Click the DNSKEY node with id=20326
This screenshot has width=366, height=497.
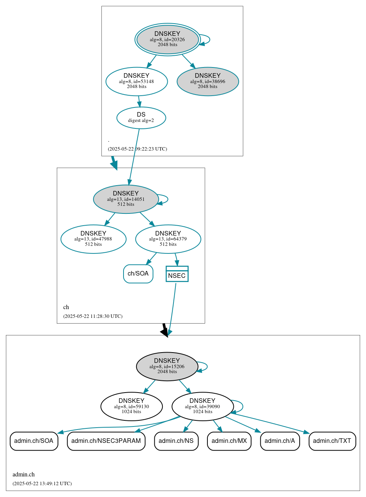pyautogui.click(x=167, y=39)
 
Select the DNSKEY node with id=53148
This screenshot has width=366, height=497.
pyautogui.click(x=136, y=81)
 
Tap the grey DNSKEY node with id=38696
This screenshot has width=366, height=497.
pyautogui.click(x=208, y=81)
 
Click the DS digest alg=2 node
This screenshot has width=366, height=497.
pyautogui.click(x=141, y=118)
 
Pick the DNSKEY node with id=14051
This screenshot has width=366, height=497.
pyautogui.click(x=126, y=199)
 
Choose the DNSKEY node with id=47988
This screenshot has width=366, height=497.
pyautogui.click(x=93, y=239)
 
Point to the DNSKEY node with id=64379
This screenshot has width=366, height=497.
pyautogui.click(x=168, y=239)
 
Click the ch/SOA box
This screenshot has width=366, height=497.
pyautogui.click(x=138, y=274)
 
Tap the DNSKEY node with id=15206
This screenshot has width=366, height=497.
pyautogui.click(x=167, y=366)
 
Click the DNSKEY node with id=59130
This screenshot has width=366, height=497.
pyautogui.click(x=132, y=406)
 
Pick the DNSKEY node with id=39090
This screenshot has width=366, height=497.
pyautogui.click(x=202, y=406)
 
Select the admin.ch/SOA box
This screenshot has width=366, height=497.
pyautogui.click(x=34, y=441)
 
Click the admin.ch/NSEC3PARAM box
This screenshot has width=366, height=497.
pyautogui.click(x=106, y=441)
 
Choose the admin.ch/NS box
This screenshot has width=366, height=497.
pyautogui.click(x=176, y=441)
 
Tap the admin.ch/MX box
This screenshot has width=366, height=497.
pyautogui.click(x=229, y=441)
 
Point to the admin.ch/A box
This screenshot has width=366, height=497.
pyautogui.click(x=280, y=441)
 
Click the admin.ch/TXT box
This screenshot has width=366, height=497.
pyautogui.click(x=332, y=441)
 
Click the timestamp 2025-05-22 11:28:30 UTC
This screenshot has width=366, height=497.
pyautogui.click(x=93, y=316)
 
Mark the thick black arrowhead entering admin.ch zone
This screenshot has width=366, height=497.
pyautogui.click(x=165, y=332)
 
